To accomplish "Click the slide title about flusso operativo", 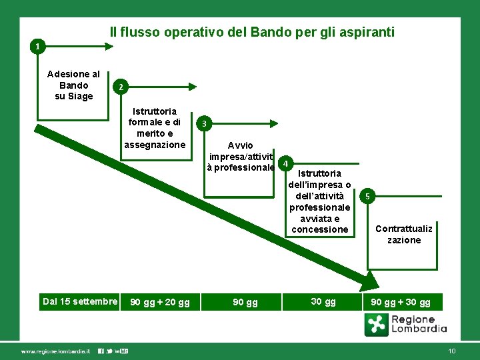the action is click(252, 32).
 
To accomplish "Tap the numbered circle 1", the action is click(39, 47).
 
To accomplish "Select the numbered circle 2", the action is click(119, 87).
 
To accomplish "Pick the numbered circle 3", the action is click(205, 123).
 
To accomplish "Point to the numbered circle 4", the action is click(285, 163).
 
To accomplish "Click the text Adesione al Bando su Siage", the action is click(74, 85).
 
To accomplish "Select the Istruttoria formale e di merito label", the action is click(155, 128).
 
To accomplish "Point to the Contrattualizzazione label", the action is click(404, 234).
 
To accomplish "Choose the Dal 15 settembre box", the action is click(80, 301).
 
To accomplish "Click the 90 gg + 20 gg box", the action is click(160, 303).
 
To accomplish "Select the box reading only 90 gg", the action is click(245, 303).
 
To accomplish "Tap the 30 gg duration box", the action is click(323, 302).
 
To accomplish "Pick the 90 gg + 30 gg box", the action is click(401, 302).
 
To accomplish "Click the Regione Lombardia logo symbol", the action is click(377, 325).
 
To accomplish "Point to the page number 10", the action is click(452, 351).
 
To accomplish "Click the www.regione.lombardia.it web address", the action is click(55, 351).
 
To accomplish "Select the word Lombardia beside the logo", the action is click(419, 329).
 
